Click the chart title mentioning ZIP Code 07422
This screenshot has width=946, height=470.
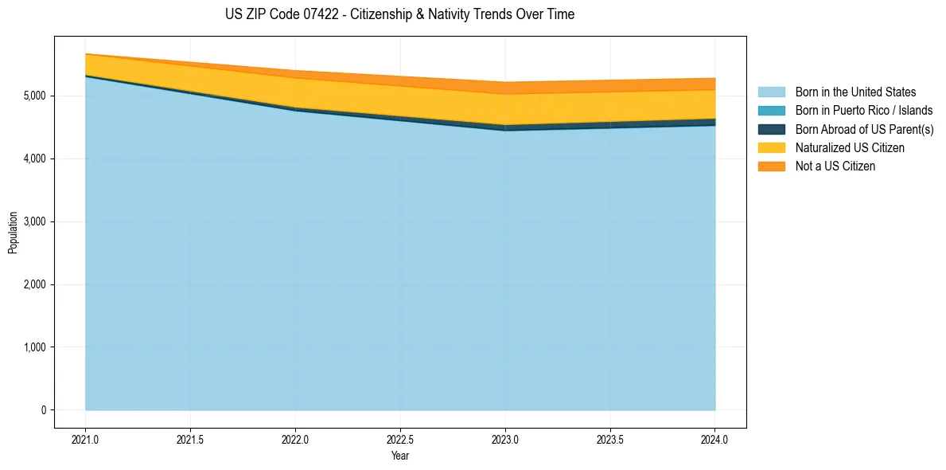[x=399, y=14]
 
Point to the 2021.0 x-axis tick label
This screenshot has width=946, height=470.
[x=85, y=441]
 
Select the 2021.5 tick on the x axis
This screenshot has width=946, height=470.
[x=191, y=441]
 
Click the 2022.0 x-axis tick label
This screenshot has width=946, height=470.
[x=295, y=441]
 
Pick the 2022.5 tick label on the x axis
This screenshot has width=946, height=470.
[x=401, y=441]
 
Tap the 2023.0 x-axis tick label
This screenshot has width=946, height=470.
[x=505, y=441]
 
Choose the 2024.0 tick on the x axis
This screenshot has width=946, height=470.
[x=715, y=441]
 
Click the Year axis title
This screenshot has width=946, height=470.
[x=400, y=455]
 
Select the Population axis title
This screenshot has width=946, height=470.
[x=12, y=233]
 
